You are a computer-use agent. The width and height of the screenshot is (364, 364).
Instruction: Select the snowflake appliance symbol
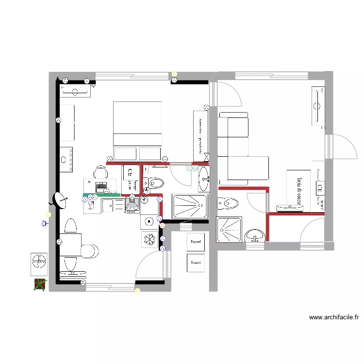(x=149, y=239)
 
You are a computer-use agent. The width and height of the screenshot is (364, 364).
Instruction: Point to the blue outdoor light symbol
(x=45, y=224)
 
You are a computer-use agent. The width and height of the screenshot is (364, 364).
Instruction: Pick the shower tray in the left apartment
(x=190, y=206)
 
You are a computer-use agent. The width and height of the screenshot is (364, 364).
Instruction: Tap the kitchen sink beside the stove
(x=113, y=205)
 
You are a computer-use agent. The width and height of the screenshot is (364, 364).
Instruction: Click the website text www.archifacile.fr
(x=334, y=318)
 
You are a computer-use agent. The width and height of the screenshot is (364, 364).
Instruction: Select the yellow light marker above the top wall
(x=174, y=74)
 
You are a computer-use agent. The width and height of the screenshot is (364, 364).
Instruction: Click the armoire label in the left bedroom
(x=200, y=135)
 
